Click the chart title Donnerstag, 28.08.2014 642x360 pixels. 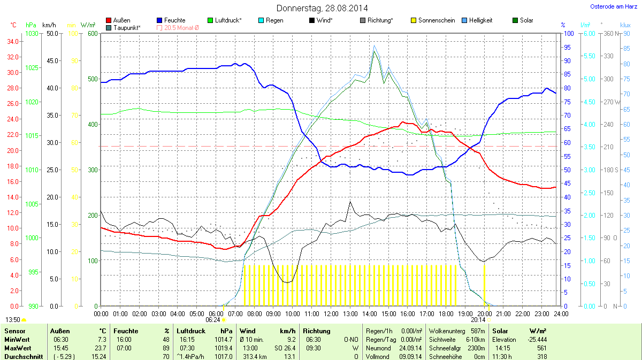pos(322,8)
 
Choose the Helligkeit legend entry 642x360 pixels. pos(480,20)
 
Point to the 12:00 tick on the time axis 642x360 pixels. pos(331,313)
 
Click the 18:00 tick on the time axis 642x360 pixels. pos(446,313)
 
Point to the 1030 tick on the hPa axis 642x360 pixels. pos(32,34)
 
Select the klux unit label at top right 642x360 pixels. pos(625,25)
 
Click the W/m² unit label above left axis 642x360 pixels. pos(88,25)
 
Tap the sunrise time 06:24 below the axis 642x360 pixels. pos(213,319)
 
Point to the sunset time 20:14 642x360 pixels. pos(478,319)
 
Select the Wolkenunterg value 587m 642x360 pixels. pos(478,331)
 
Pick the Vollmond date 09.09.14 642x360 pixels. pos(410,356)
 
